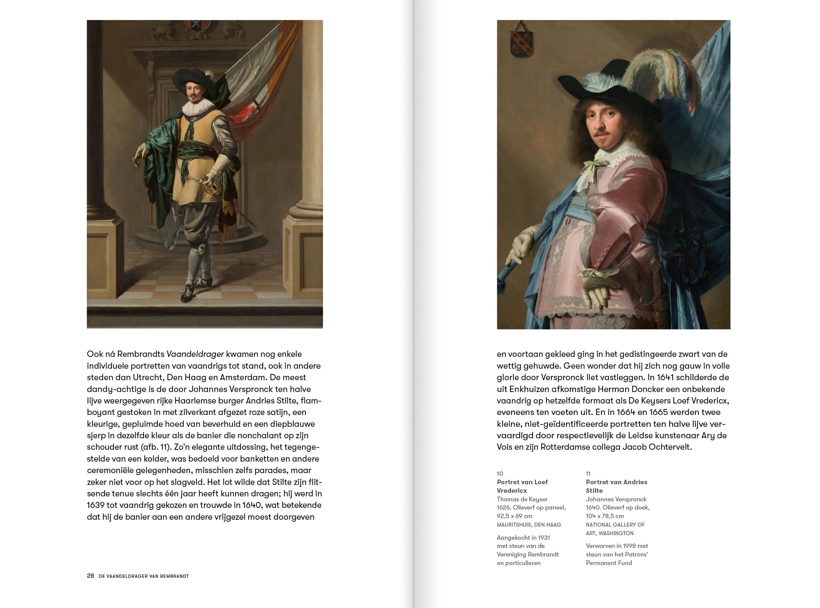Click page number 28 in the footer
(91, 576)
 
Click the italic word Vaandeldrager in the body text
(195, 354)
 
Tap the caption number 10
(500, 474)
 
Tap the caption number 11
(588, 474)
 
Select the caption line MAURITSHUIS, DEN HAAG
(529, 525)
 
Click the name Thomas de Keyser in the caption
(522, 499)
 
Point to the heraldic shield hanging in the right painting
(521, 43)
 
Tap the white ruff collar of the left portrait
(197, 106)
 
